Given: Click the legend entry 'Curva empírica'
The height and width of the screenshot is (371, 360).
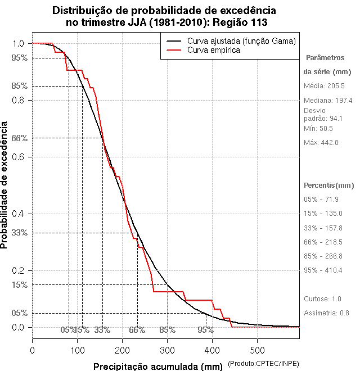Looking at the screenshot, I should point(214,50).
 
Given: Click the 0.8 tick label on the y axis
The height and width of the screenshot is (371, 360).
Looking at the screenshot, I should point(18,100).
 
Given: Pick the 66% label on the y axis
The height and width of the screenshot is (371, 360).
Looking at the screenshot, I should point(19,138).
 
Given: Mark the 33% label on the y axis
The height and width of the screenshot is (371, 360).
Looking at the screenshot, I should point(19,232).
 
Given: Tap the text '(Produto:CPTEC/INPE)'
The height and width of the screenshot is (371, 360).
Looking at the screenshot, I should point(263,364).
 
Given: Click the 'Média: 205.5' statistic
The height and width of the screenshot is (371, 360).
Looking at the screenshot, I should point(324,86).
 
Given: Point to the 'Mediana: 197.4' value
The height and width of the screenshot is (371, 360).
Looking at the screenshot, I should point(328,100).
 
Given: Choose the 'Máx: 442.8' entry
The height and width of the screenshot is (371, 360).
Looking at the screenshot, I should point(321,143).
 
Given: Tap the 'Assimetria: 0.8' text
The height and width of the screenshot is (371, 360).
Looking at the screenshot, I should point(326,313).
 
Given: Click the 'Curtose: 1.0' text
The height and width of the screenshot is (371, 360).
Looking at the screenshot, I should point(323,298).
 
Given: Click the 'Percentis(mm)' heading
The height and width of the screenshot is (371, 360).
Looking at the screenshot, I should point(329,185).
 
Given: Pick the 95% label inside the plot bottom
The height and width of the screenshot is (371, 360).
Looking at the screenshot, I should point(205,330).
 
